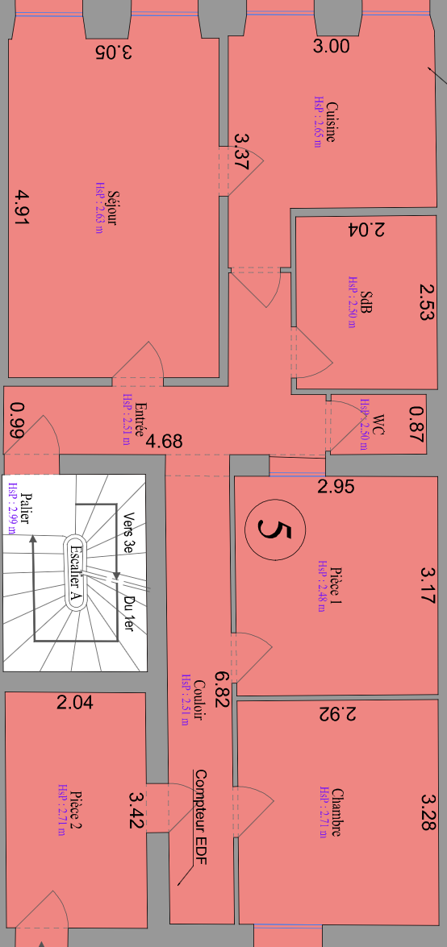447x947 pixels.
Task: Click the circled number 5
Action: (x=275, y=530)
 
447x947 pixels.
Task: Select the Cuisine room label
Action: (x=331, y=122)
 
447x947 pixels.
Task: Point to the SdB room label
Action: (x=366, y=302)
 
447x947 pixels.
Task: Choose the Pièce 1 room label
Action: (x=336, y=586)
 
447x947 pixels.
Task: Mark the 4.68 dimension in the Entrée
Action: (x=164, y=441)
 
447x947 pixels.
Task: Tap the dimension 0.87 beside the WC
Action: (x=417, y=425)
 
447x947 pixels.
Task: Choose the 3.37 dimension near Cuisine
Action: (x=240, y=152)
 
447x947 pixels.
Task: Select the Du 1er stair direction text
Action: (x=128, y=614)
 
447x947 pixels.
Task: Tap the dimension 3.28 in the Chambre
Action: (x=428, y=812)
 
